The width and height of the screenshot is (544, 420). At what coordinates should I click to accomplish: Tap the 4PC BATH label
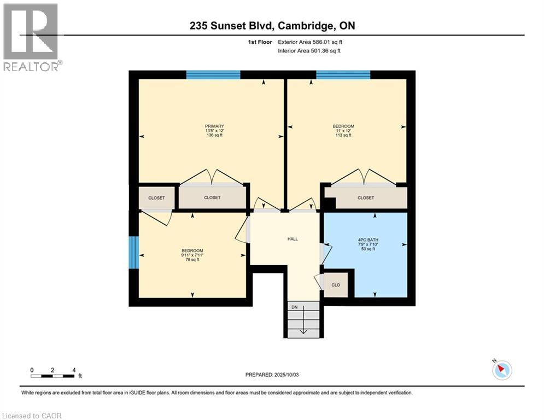coord(365,239)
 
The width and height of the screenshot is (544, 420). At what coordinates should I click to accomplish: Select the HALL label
coord(293,239)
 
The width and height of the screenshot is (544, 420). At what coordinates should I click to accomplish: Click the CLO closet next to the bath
coord(336,285)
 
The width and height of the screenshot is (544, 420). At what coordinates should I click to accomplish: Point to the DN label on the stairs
coord(294,307)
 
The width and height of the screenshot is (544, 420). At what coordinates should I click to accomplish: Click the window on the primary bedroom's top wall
coord(213,75)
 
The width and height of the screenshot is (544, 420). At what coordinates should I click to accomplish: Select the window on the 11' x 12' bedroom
coord(343,75)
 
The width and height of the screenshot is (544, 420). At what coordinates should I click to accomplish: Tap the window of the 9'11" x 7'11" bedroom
coord(133,252)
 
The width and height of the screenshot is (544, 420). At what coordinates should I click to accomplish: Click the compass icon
coord(501,370)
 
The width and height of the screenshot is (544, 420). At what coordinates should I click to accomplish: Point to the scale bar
coord(52,376)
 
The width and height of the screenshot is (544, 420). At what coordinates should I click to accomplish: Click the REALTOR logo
coord(31,37)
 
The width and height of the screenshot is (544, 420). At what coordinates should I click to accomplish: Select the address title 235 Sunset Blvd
coord(272,26)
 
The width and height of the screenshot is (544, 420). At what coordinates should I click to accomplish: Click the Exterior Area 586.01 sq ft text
coord(310,42)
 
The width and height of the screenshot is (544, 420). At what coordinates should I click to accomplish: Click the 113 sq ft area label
coord(343,135)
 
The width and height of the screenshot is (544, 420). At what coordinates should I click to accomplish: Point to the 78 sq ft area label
coord(192,260)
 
